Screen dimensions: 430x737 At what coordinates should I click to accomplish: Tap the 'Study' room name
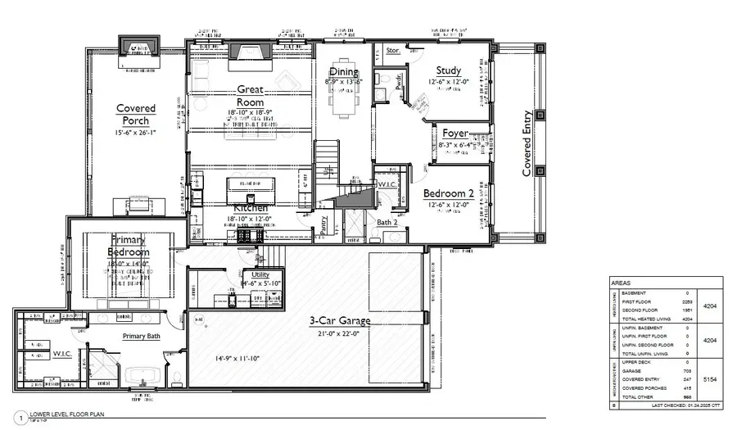tap(448, 70)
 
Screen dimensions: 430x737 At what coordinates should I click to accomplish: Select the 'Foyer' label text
tap(455, 134)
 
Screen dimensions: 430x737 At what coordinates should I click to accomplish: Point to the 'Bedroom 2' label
tap(448, 193)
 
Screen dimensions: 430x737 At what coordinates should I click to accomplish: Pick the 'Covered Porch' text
tap(136, 115)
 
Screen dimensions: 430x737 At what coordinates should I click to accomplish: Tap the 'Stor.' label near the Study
tap(392, 51)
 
